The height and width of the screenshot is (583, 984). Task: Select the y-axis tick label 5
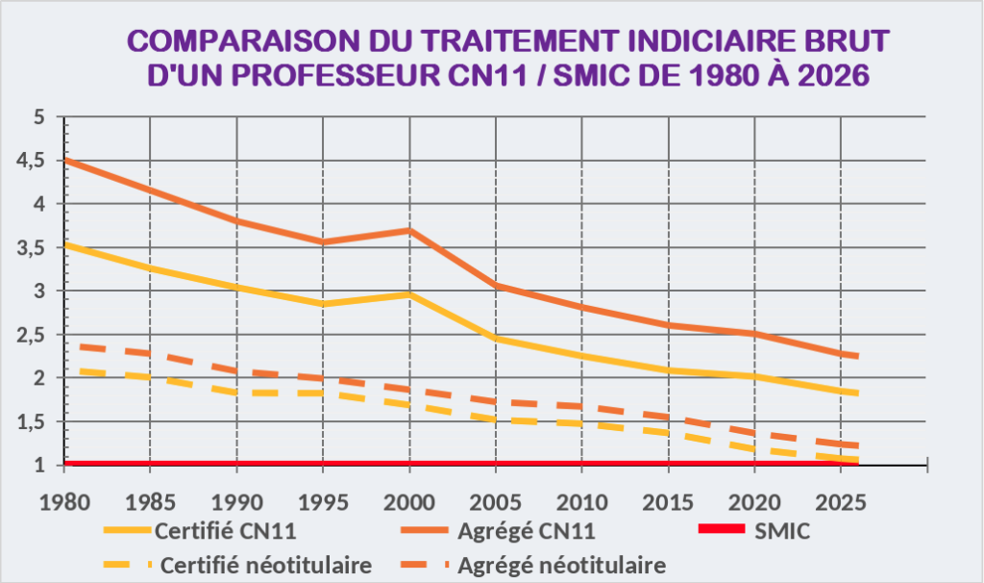point(39,117)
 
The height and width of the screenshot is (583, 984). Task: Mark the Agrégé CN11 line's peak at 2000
point(409,230)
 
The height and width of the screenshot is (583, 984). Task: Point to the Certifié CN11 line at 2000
point(409,293)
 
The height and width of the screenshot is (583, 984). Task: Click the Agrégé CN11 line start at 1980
point(64,161)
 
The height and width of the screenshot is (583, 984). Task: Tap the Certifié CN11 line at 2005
point(496,339)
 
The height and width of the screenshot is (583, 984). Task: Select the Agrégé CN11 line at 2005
point(496,286)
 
